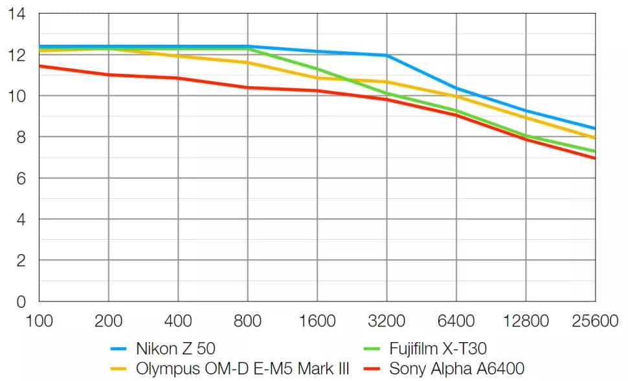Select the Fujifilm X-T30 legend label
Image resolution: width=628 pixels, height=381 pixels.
(x=438, y=349)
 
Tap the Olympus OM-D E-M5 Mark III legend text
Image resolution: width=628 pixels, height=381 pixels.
(x=243, y=370)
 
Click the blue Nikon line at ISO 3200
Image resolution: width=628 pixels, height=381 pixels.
(x=387, y=56)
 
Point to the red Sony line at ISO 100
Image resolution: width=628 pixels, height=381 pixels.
(x=40, y=65)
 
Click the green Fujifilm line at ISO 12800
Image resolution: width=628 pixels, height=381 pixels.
(x=526, y=136)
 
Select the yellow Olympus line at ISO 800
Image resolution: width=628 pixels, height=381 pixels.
(x=247, y=63)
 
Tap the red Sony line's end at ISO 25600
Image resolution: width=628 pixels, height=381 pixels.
(x=594, y=157)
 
